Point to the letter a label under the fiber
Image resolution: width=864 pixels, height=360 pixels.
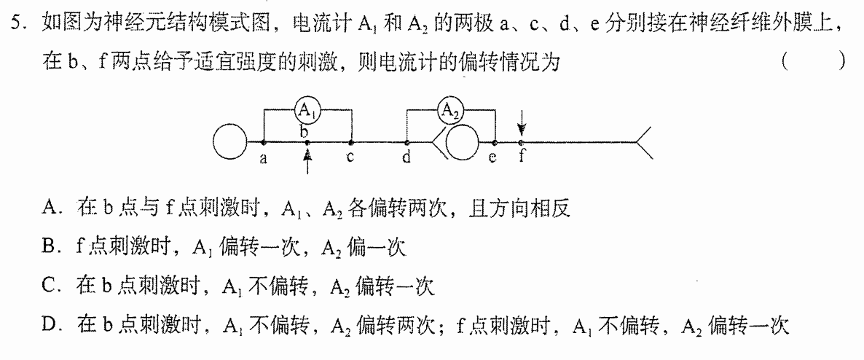coord(264,159)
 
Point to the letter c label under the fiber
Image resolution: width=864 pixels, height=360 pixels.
coord(350,157)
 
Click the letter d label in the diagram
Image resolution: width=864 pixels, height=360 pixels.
coord(407,157)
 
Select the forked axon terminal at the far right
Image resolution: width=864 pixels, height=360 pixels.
coord(645,143)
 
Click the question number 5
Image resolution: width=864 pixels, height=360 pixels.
coord(16,23)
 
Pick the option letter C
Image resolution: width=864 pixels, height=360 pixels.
coord(48,286)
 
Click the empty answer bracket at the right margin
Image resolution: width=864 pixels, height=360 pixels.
coord(813,62)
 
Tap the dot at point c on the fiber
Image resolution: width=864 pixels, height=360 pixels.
coord(351,142)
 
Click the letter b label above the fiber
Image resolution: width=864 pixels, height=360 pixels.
coord(304,132)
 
